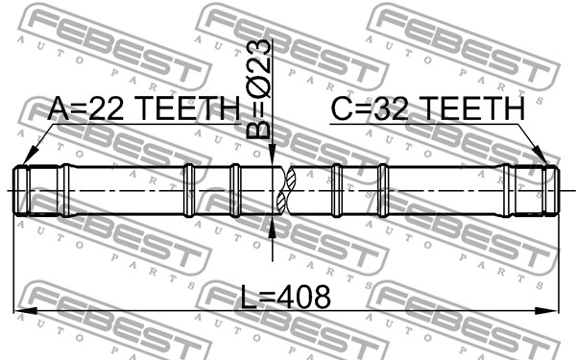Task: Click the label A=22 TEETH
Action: tap(143, 108)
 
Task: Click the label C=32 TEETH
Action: tap(428, 108)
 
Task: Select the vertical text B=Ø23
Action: tap(258, 89)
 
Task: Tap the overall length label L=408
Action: tap(285, 297)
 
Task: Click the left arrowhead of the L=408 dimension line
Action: tap(26, 311)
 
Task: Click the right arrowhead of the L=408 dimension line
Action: tap(546, 311)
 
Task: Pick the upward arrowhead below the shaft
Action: tap(273, 228)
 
